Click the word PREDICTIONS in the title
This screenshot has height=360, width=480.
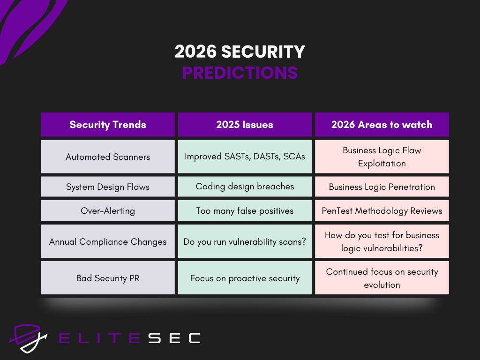[x=240, y=73]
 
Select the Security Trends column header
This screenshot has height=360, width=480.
[x=108, y=125]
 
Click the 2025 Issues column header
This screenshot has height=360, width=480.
[x=245, y=125]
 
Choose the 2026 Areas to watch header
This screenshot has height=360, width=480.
[x=382, y=125]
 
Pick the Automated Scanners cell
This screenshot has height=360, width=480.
[x=108, y=157]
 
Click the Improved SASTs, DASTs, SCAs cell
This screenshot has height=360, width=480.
[x=245, y=157]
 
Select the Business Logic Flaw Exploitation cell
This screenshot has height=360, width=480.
[x=382, y=157]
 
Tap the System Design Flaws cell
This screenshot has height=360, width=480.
[x=108, y=187]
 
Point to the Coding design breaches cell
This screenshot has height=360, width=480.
[x=245, y=187]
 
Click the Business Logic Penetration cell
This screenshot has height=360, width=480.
[x=382, y=187]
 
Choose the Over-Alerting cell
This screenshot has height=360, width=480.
[x=108, y=211]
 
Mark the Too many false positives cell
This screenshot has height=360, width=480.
[x=245, y=211]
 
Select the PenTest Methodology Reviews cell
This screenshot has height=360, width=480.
[x=382, y=211]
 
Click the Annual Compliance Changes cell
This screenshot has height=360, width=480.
[x=108, y=241]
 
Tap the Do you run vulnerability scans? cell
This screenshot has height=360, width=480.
[x=245, y=241]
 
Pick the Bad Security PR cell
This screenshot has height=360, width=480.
[x=108, y=278]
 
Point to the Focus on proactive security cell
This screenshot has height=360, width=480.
[x=245, y=278]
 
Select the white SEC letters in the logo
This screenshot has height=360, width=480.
[x=174, y=338]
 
